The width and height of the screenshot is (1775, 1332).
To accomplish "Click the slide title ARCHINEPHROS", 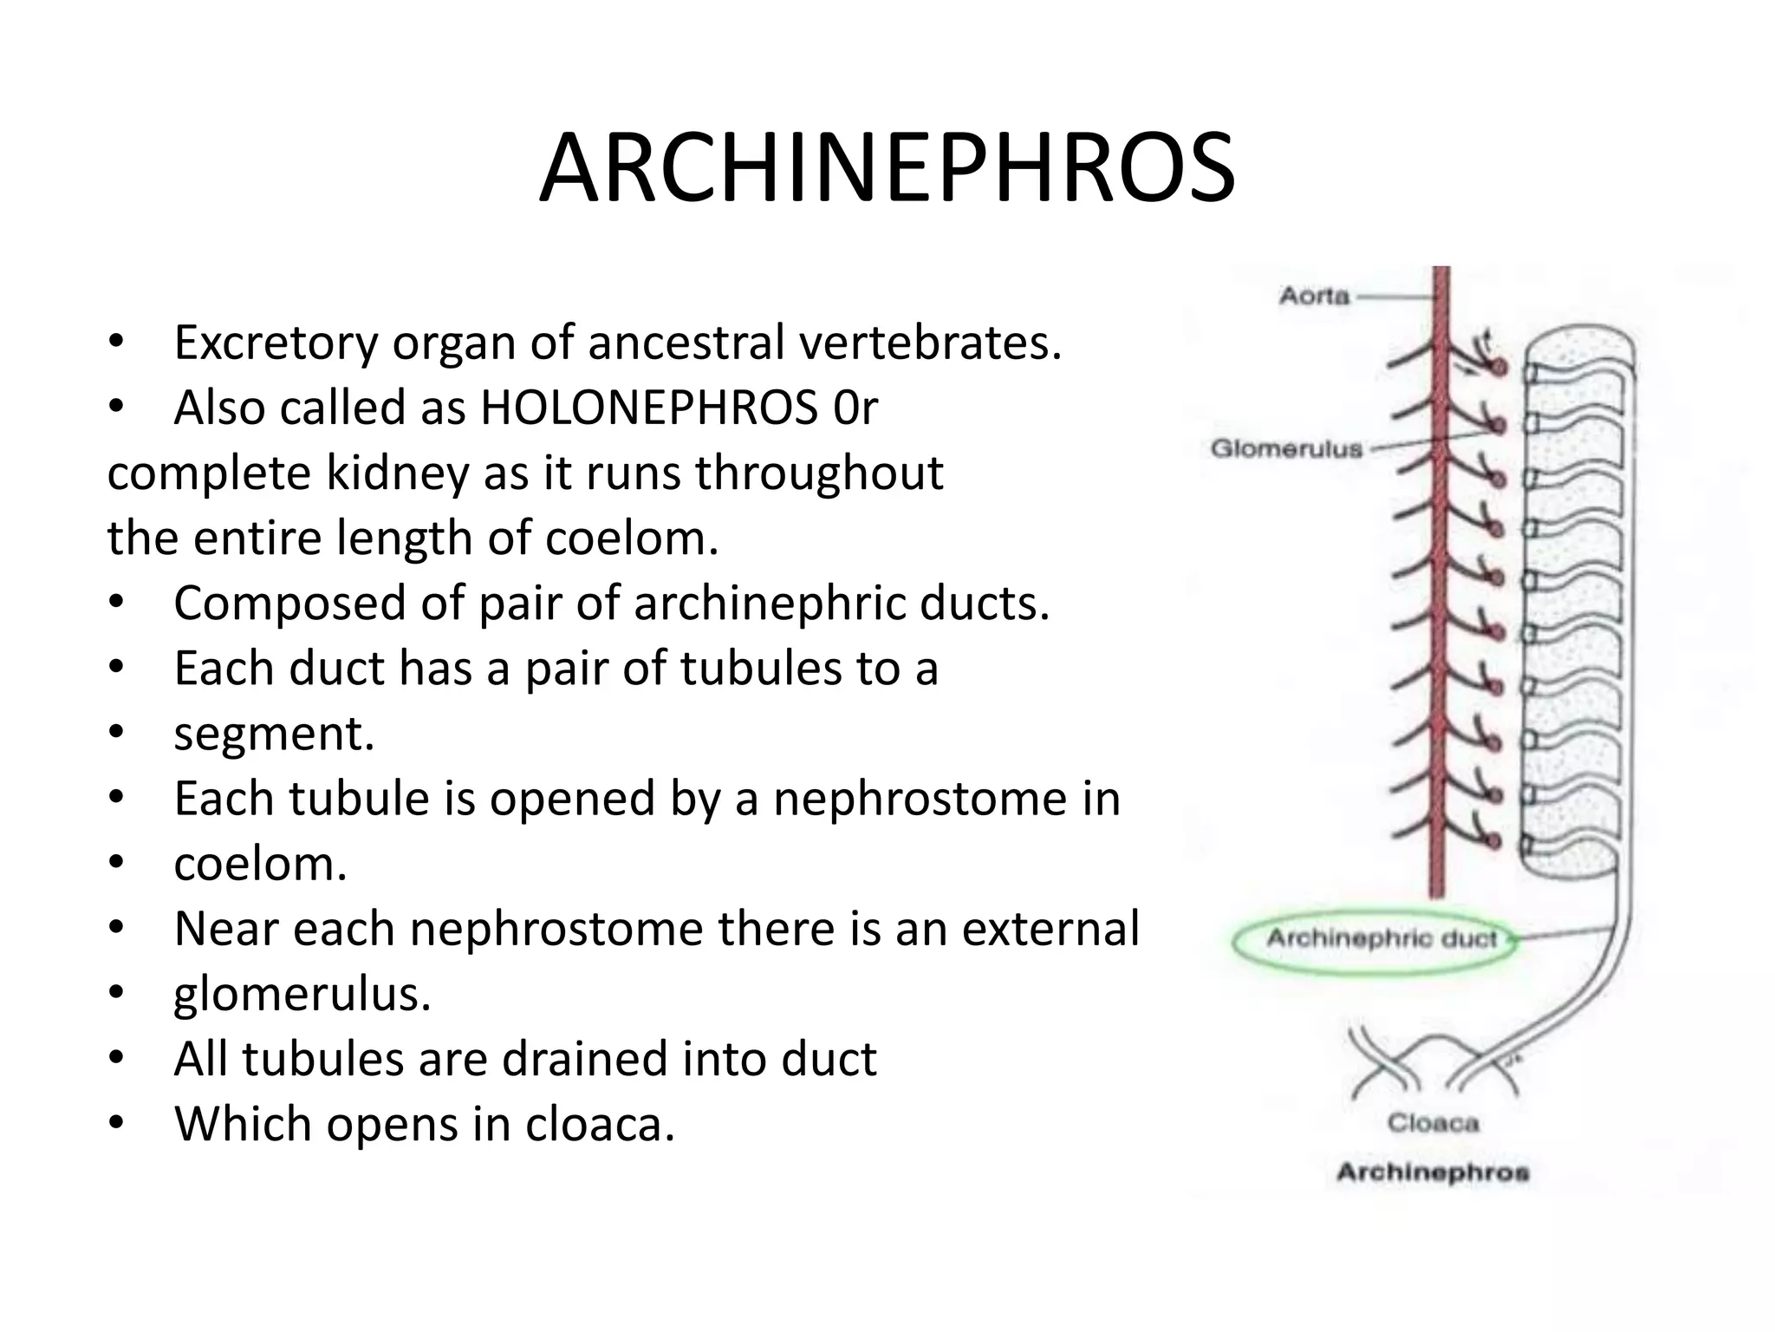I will [x=887, y=168].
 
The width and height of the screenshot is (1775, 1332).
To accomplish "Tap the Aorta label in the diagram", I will [x=1315, y=297].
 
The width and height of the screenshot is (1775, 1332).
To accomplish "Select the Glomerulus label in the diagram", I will [x=1286, y=449].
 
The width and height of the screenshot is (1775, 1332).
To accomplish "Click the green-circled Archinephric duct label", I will [x=1382, y=939].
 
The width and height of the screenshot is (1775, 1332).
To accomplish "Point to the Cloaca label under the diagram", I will [x=1433, y=1123].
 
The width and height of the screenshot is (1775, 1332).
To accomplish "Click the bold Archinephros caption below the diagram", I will [x=1433, y=1172].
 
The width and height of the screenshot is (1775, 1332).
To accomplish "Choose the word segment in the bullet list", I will [x=273, y=734].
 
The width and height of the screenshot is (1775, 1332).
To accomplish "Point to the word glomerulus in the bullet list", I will [x=302, y=995].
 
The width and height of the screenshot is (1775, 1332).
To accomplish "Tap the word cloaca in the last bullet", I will [x=600, y=1124].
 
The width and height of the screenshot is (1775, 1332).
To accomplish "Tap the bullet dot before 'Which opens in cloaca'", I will [x=117, y=1124].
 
